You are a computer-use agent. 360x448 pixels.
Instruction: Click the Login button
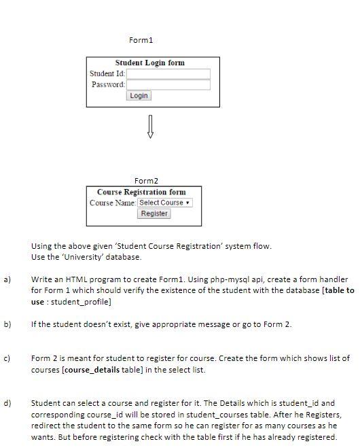(139, 96)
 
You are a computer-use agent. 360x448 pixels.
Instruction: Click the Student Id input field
(168, 74)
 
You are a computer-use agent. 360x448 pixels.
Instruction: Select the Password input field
(168, 85)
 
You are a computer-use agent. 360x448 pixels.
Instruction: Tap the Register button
(154, 213)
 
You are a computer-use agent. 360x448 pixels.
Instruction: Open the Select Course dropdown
(165, 203)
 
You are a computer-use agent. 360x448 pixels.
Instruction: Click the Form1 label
(141, 40)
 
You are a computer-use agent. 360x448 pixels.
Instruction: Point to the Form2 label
(146, 181)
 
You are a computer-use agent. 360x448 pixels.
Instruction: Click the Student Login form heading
(149, 63)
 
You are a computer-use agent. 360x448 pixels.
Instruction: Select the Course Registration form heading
(141, 192)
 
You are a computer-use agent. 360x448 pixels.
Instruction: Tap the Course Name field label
(113, 203)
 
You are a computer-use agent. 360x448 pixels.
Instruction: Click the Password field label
(108, 84)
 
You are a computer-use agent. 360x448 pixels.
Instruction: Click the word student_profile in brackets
(83, 301)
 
